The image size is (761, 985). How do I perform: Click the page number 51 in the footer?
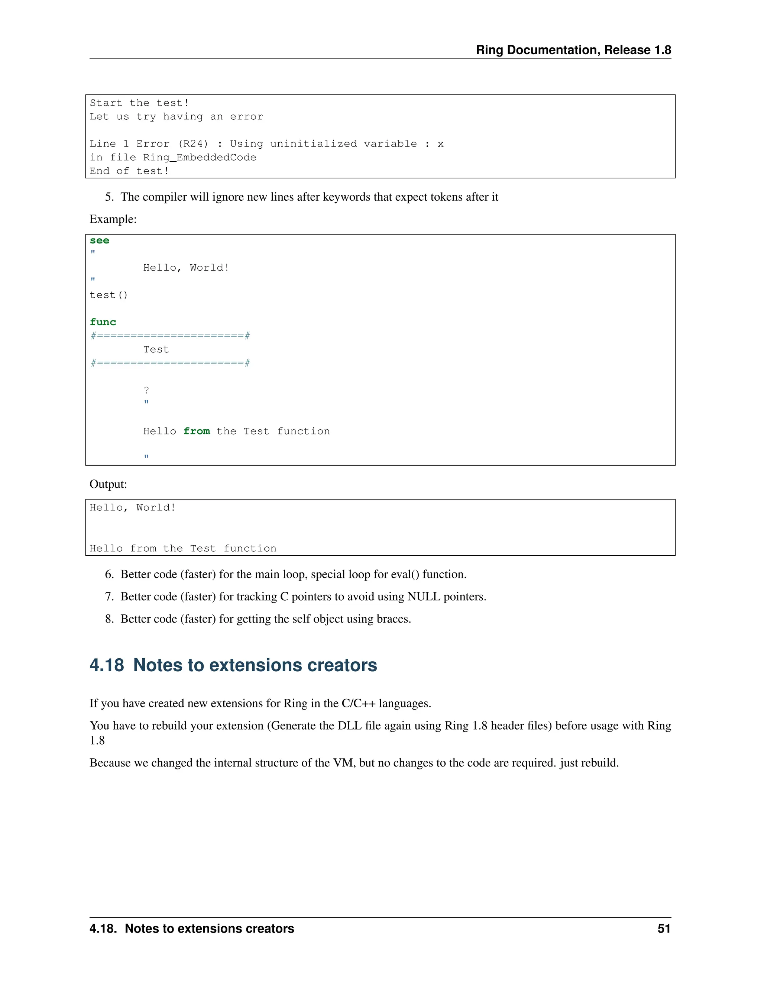(664, 929)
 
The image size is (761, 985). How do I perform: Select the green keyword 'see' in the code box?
(99, 240)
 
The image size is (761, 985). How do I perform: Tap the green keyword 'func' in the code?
(103, 322)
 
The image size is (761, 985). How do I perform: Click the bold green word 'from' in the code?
(197, 431)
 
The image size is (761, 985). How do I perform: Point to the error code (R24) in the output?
(193, 144)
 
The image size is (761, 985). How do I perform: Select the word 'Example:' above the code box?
(113, 219)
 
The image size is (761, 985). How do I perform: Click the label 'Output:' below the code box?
(108, 484)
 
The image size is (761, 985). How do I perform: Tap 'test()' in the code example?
(109, 295)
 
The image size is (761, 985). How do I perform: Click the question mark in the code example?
(146, 390)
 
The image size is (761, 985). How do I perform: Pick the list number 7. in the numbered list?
(109, 597)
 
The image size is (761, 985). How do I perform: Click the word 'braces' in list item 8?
(393, 619)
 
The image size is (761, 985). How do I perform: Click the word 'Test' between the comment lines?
(156, 349)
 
